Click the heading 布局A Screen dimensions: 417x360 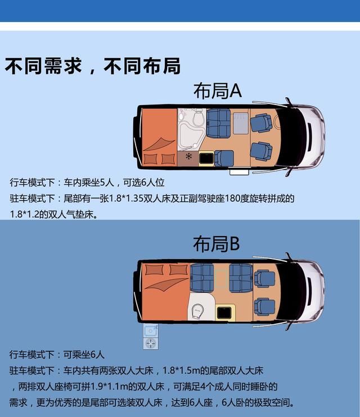(x=217, y=91)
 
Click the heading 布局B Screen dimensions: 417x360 (x=217, y=244)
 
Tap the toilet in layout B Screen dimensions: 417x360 (x=197, y=310)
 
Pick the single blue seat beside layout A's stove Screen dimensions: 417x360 (x=224, y=158)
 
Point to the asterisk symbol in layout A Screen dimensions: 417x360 (x=188, y=156)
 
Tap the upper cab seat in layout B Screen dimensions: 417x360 (x=263, y=278)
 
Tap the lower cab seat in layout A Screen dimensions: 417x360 (x=260, y=152)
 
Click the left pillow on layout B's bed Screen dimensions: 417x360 (x=154, y=270)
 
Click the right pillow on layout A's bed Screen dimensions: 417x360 (x=168, y=159)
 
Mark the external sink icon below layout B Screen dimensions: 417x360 (x=150, y=330)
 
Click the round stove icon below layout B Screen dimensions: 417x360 (x=150, y=343)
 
